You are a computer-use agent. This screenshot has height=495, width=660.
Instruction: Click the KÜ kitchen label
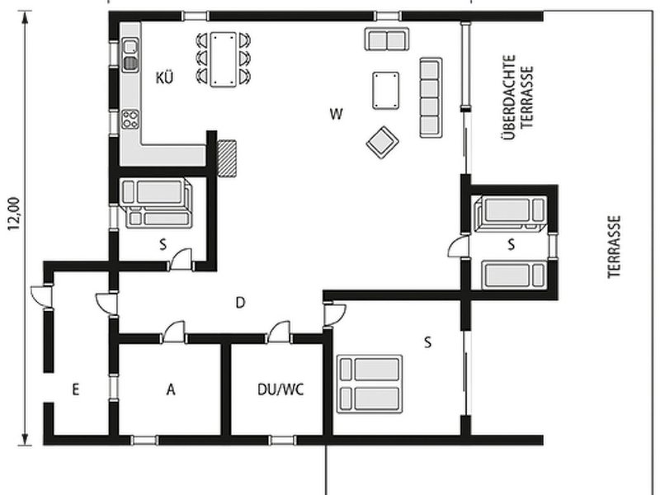[x=164, y=78]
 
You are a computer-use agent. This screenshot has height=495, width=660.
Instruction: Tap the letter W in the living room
[x=337, y=114]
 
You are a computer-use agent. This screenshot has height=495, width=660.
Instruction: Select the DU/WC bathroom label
[x=280, y=389]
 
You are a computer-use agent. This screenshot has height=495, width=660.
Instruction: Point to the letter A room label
[x=171, y=389]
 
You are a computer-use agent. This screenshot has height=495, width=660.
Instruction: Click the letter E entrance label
[x=76, y=389]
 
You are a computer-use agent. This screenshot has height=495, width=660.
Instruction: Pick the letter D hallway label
[x=240, y=302]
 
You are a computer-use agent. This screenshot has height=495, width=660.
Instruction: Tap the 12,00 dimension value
[x=14, y=214]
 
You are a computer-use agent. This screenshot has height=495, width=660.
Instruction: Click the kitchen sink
[x=130, y=54]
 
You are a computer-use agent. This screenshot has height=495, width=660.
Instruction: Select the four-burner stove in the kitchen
[x=130, y=119]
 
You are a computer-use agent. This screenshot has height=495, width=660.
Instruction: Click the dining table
[x=223, y=59]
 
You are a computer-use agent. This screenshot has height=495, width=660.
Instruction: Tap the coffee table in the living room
[x=385, y=91]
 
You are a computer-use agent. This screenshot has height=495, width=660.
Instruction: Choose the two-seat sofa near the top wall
[x=387, y=39]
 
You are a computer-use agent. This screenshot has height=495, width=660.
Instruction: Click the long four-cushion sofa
[x=431, y=97]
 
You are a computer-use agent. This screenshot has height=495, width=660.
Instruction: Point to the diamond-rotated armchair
[x=383, y=142]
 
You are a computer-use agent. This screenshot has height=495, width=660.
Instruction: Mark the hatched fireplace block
[x=226, y=158]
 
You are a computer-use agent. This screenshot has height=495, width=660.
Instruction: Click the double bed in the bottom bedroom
[x=370, y=384]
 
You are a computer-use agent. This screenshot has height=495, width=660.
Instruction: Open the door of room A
[x=174, y=332]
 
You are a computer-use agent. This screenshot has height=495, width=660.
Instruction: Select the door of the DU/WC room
[x=280, y=332]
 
